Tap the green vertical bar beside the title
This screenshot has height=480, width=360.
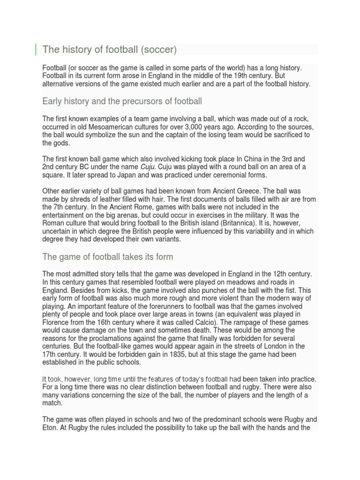pos(36,49)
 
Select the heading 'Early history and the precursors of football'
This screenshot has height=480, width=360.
pos(122,101)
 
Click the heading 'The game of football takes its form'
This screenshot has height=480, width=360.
pos(107,257)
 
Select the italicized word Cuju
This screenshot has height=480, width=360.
pos(147,167)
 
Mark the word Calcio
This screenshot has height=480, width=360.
pos(228,322)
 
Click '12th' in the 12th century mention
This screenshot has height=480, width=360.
pos(271,274)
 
